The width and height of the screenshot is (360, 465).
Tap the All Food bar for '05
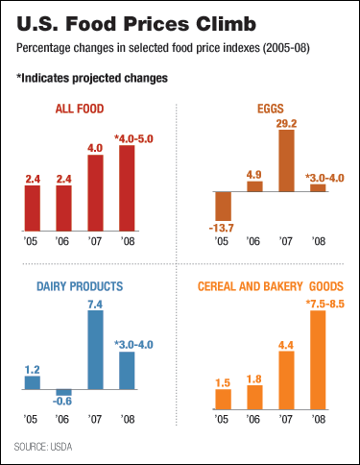click(x=32, y=208)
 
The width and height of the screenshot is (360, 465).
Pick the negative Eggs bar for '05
click(x=224, y=206)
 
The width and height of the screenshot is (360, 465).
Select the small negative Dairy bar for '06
click(x=63, y=393)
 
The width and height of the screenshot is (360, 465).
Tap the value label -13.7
click(x=224, y=228)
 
